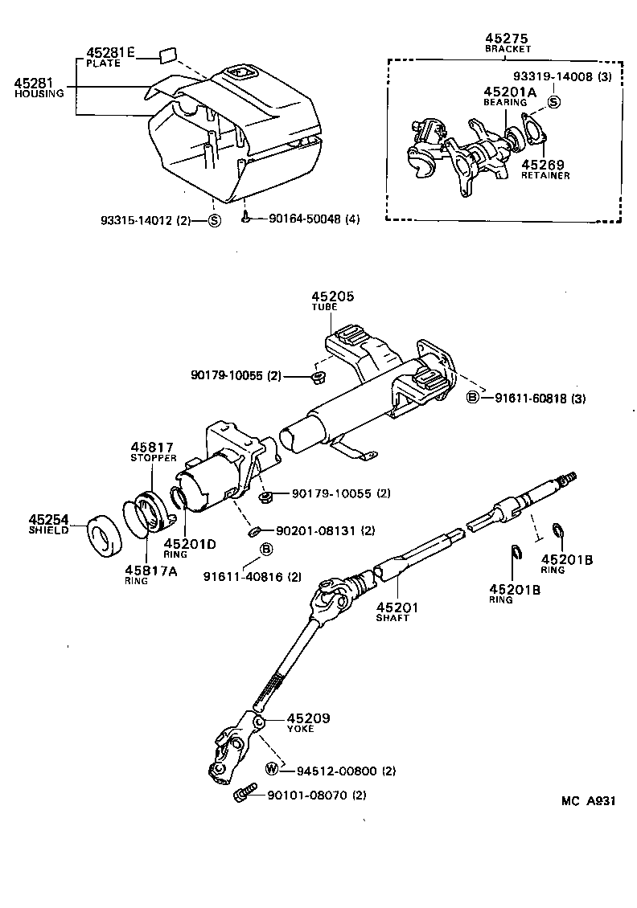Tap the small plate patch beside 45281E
tap(168, 55)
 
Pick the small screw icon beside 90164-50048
tap(246, 218)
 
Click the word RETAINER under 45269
tap(545, 176)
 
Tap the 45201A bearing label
tap(509, 92)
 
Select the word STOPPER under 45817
tap(153, 458)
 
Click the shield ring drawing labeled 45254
tap(105, 532)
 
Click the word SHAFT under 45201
tap(392, 618)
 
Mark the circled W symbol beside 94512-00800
tap(272, 769)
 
